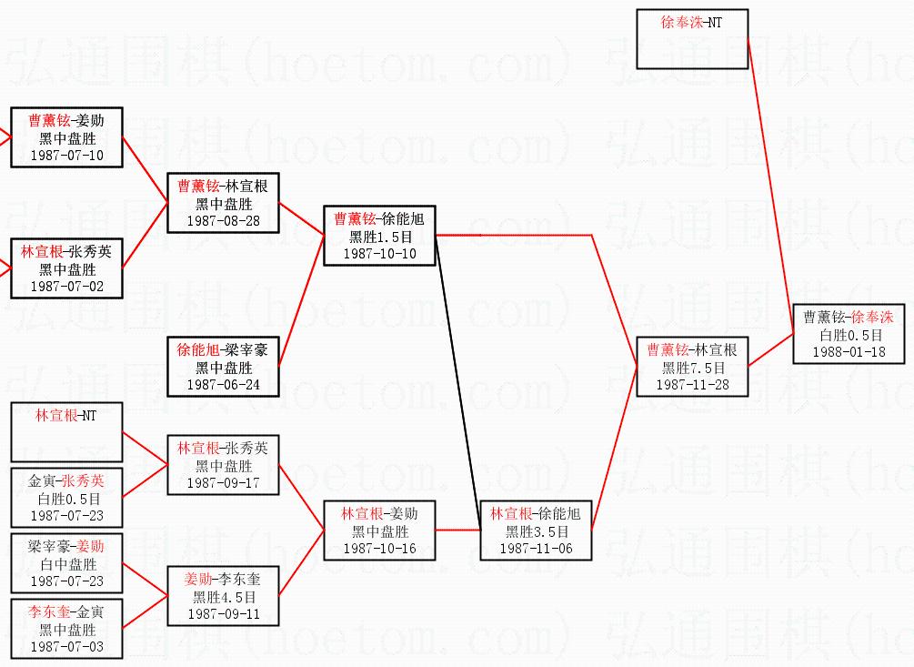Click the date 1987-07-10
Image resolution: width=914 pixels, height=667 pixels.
click(x=67, y=156)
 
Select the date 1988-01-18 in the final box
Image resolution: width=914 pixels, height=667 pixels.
click(x=849, y=352)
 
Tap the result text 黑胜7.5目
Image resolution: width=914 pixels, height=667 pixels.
click(x=693, y=368)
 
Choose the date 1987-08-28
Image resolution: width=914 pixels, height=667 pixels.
click(x=223, y=220)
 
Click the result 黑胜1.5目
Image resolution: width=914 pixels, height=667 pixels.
click(x=380, y=237)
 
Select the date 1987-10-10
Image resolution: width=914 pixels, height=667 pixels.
click(x=380, y=254)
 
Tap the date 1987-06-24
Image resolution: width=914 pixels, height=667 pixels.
click(x=223, y=385)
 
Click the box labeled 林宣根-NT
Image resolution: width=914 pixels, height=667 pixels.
click(x=66, y=430)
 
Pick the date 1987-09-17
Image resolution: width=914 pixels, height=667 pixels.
click(x=223, y=482)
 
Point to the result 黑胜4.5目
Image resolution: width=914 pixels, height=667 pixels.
click(x=224, y=597)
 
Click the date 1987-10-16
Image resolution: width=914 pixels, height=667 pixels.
click(x=380, y=549)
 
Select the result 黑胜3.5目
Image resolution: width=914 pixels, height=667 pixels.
click(x=537, y=531)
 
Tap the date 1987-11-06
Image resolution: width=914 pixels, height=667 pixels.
click(x=537, y=549)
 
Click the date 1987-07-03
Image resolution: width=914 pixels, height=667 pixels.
click(x=67, y=647)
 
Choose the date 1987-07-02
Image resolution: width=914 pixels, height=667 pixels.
click(x=67, y=287)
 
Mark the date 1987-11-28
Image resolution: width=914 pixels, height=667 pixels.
click(x=693, y=385)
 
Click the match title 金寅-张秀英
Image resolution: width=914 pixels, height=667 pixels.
click(x=66, y=480)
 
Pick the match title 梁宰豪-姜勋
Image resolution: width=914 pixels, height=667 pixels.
click(x=66, y=546)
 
